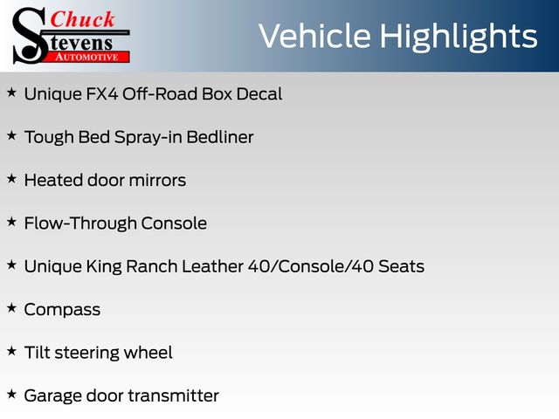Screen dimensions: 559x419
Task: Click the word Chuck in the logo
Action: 83,19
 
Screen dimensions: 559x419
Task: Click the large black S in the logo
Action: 30,36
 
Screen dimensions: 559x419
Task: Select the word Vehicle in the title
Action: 314,36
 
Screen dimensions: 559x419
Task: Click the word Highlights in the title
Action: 458,37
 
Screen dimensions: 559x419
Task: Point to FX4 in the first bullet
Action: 102,94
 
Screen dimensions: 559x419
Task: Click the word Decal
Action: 259,94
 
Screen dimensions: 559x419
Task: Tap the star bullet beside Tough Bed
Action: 11,136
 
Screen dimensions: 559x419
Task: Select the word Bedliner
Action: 219,137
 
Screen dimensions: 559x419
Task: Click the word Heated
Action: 53,181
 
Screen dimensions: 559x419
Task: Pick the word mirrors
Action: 157,181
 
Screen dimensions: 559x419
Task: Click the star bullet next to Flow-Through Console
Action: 11,222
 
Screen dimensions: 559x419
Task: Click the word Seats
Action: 401,266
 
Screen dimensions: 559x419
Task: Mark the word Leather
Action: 213,266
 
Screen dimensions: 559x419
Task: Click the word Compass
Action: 62,310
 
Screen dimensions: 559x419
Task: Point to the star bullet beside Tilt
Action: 11,351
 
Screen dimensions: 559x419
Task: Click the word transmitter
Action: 173,395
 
